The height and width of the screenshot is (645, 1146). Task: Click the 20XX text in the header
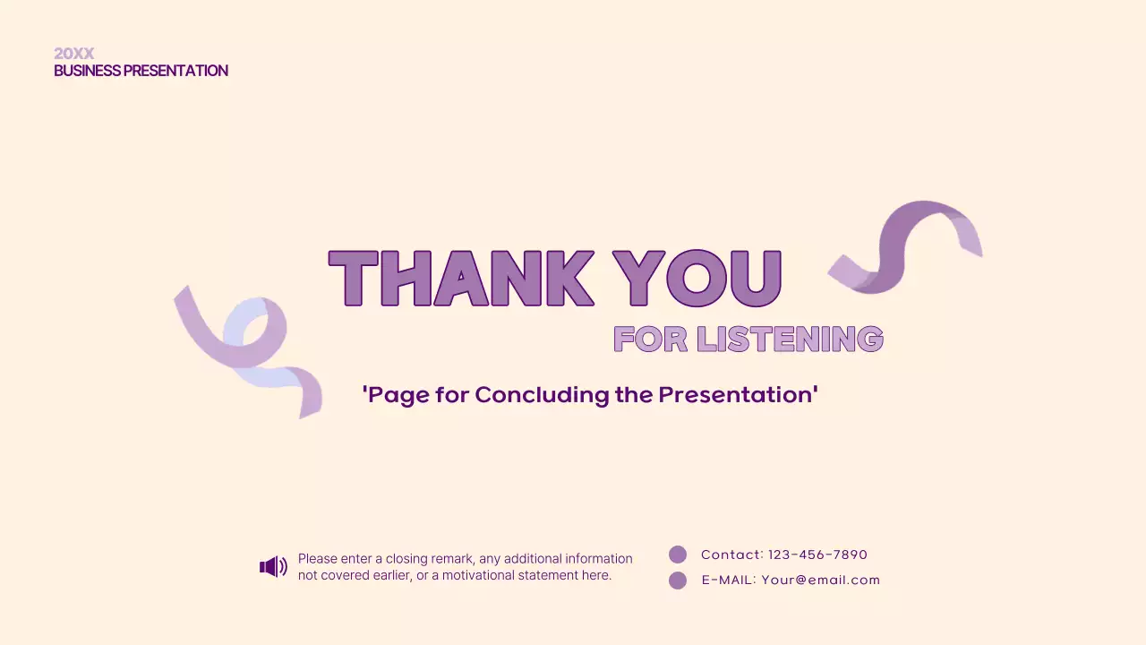pos(73,54)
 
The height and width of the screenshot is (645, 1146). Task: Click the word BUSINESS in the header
pos(87,71)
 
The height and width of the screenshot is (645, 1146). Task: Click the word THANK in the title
pos(461,279)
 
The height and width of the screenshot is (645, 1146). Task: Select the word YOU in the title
pos(697,279)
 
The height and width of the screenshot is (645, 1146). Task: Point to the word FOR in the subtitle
pos(651,339)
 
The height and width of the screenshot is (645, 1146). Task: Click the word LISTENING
pos(790,339)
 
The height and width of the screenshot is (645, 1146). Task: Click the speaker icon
pos(273,566)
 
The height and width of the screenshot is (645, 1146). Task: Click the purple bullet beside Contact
pos(678,555)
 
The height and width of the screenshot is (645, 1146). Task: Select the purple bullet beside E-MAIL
pos(678,580)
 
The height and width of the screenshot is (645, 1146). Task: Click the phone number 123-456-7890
pos(817,555)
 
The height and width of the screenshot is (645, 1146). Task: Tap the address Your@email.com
pos(821,580)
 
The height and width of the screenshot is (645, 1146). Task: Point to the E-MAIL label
pos(729,580)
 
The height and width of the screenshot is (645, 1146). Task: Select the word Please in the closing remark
pos(318,559)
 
